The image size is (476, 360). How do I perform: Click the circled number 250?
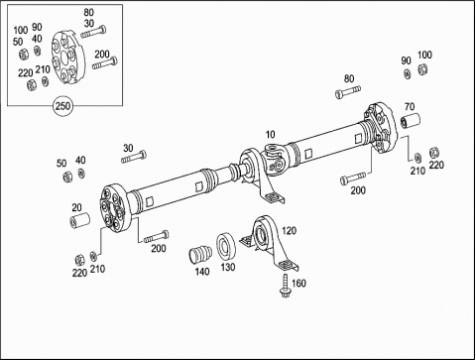click(62, 106)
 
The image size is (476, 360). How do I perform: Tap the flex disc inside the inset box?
click(68, 57)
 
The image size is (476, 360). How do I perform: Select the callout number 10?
click(270, 135)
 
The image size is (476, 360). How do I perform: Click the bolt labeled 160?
click(284, 286)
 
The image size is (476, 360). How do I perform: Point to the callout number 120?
click(289, 230)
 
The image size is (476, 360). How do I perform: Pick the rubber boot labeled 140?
click(200, 255)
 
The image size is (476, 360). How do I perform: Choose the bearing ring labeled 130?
click(226, 247)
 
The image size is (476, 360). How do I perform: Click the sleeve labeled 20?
click(80, 220)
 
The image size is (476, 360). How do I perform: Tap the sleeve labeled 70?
click(410, 120)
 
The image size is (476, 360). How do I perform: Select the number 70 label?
click(410, 107)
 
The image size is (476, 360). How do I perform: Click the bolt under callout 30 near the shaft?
click(134, 157)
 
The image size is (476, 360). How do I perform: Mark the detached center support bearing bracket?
click(269, 242)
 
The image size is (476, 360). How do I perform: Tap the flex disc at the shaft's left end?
click(113, 207)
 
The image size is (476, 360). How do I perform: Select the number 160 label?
click(298, 284)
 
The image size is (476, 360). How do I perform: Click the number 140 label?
click(202, 272)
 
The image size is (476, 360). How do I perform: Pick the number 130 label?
click(228, 267)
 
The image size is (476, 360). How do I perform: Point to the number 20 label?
click(76, 207)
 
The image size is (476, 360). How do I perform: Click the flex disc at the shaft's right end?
click(381, 128)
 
